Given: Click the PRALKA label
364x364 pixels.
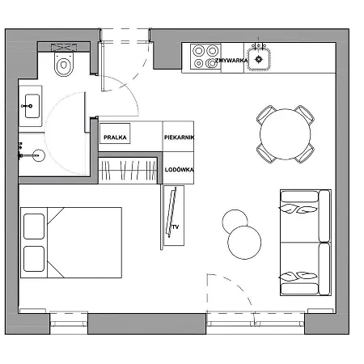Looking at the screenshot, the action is [x=115, y=138].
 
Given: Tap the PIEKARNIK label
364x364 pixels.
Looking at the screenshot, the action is [x=179, y=138].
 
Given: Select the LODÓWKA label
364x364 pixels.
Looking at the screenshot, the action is [x=179, y=170].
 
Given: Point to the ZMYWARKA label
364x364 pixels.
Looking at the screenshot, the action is [x=231, y=61].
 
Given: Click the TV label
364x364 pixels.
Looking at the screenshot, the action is [x=176, y=227].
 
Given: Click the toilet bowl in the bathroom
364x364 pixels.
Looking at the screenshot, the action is [x=64, y=64].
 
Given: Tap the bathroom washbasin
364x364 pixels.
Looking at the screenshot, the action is [x=32, y=106].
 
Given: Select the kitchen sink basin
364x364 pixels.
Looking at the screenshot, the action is [x=259, y=59].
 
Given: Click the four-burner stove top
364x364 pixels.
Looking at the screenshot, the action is [x=205, y=57].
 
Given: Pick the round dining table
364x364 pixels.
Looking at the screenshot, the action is [x=286, y=134].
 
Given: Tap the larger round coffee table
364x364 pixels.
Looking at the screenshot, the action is [x=244, y=243].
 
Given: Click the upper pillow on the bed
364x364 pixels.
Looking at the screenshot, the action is [x=34, y=226].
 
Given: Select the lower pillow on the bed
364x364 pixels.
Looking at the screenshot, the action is [x=34, y=259].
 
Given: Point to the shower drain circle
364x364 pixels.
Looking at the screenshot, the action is [x=39, y=155].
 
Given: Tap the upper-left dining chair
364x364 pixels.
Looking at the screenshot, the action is [x=266, y=115].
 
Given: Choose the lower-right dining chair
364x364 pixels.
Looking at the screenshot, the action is [x=305, y=153].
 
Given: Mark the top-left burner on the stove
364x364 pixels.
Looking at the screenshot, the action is [x=199, y=51].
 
